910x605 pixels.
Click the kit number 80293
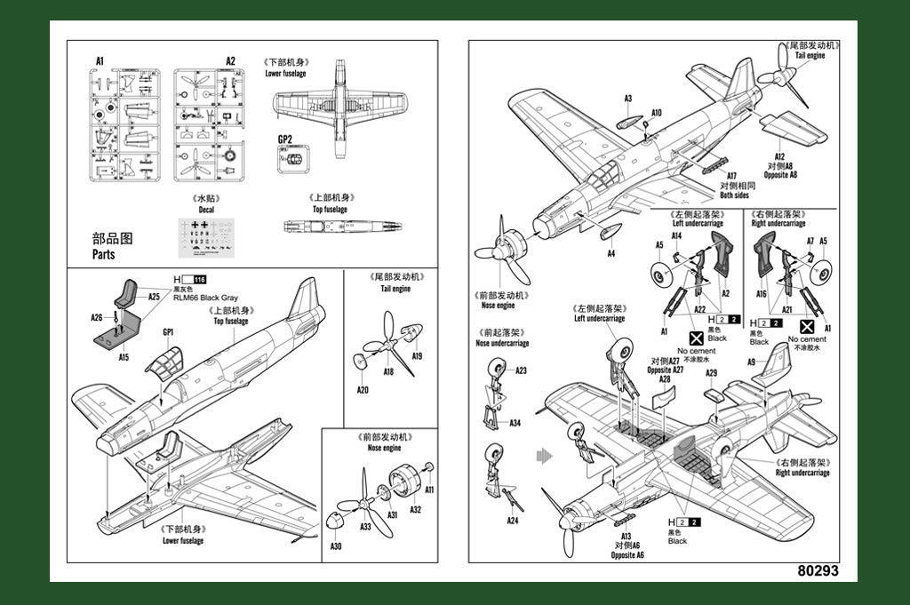pos(818,571)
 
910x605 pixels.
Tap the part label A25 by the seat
pos(154,297)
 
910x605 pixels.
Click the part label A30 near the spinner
pos(335,546)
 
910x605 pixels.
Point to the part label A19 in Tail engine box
pos(417,356)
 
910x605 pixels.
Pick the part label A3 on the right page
pos(627,99)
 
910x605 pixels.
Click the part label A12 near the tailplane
pos(778,156)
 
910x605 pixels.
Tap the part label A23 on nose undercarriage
pos(521,370)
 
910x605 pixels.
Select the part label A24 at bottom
pos(512,521)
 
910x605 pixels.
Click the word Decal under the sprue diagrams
pos(206,210)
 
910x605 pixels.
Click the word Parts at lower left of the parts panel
pos(104,254)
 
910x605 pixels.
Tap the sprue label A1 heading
pos(100,61)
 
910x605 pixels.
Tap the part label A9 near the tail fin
pos(751,362)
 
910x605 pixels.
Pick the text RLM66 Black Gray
pos(205,299)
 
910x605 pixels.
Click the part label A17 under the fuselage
pos(732,176)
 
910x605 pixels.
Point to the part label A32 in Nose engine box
pos(415,510)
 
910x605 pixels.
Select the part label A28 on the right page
pos(665,378)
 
